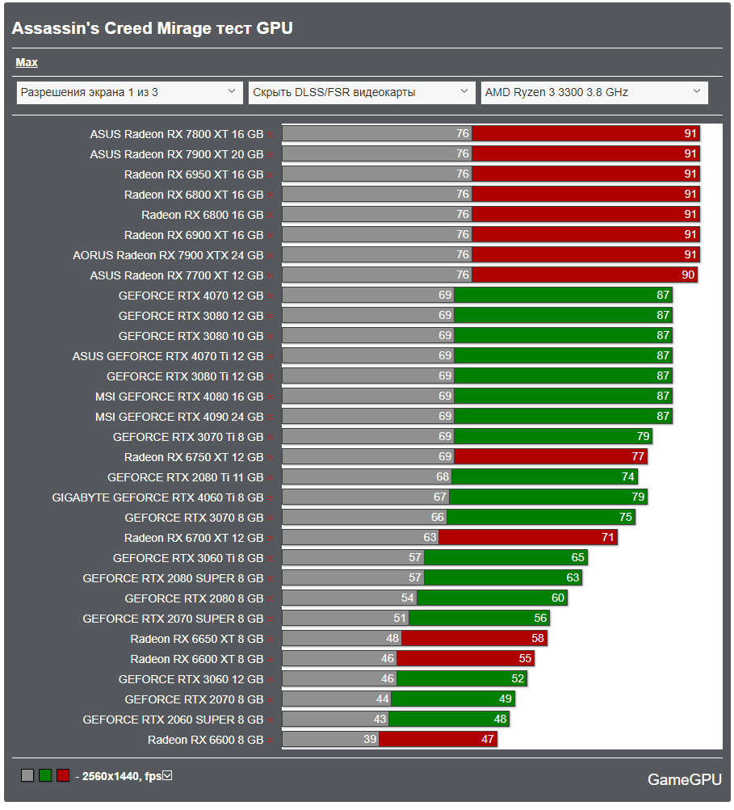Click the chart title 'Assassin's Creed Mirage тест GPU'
152,28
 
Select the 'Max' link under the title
27,62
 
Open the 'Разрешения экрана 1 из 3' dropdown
129,92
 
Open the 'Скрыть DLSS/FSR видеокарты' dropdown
361,92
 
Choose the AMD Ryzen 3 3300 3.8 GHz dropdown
593,92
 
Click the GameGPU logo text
685,779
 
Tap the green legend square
45,776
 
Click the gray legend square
27,776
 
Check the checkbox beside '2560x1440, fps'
167,776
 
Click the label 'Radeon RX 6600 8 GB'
205,740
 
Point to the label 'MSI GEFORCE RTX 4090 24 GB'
178,417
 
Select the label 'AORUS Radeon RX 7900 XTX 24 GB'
168,255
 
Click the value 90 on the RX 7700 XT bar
688,275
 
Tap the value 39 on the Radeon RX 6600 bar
371,740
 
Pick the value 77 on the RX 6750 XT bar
638,457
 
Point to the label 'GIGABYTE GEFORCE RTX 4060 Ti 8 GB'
157,497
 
